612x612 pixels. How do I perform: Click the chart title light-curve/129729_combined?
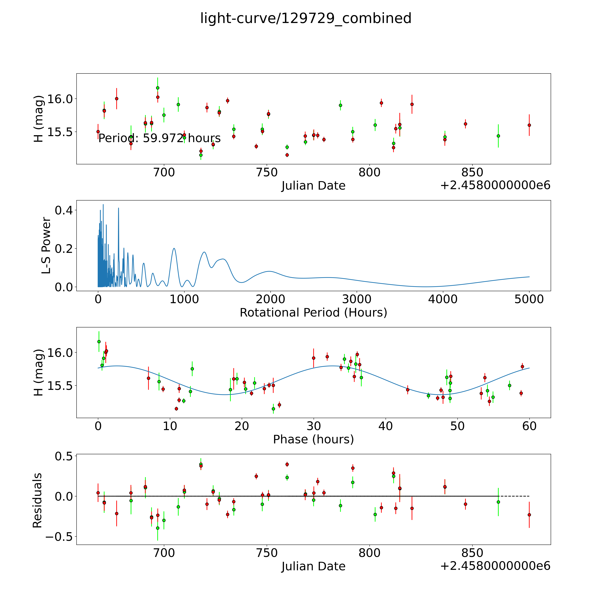306,18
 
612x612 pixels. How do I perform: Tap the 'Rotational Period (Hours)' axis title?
313,313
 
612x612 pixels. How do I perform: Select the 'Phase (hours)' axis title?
313,439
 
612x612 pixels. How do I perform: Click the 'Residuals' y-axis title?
37,500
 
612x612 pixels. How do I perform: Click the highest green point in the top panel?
157,88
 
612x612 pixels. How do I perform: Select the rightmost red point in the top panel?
529,125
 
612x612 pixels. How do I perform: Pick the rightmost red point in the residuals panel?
529,515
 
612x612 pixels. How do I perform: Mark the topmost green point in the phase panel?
99,341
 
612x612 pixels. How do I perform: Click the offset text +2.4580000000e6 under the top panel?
495,185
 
